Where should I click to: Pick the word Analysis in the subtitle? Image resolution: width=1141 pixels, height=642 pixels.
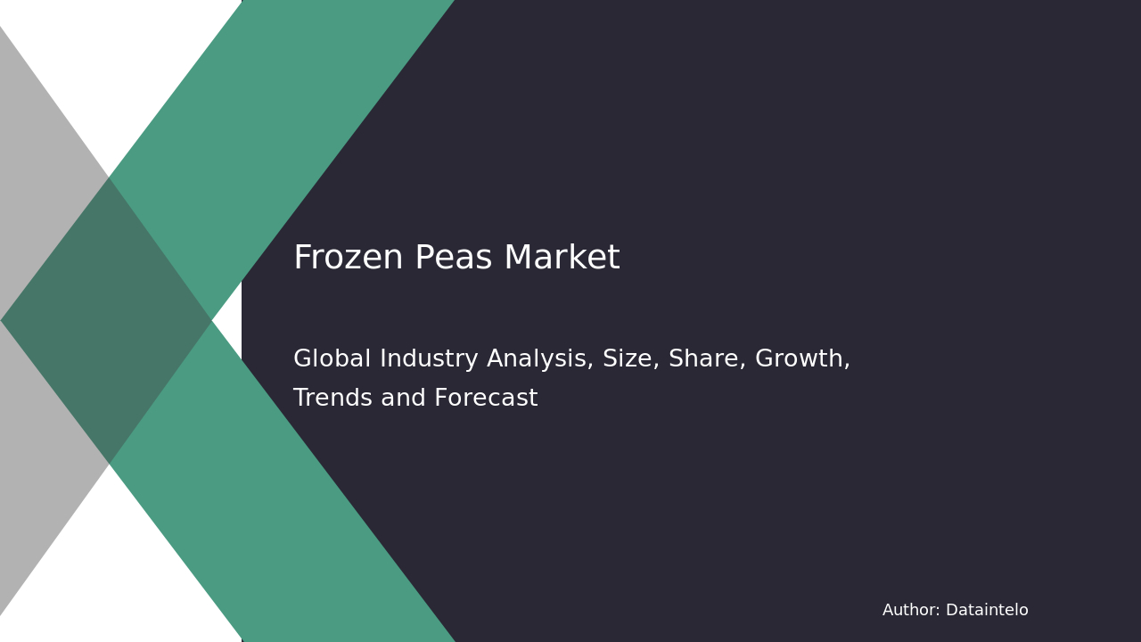pos(541,359)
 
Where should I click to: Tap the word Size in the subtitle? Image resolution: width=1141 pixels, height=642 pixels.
pos(627,359)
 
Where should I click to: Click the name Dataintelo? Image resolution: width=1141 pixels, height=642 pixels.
pos(987,611)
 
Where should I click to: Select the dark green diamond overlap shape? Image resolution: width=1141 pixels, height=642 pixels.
pos(107,321)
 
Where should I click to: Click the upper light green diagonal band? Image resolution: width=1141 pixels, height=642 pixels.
pos(285,134)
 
